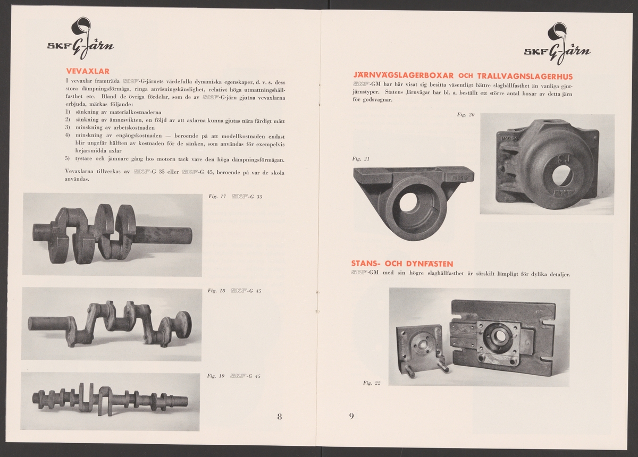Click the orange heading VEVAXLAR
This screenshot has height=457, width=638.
coord(88,71)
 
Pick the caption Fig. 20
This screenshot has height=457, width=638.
coord(466,114)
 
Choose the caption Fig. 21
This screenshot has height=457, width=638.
coord(361,159)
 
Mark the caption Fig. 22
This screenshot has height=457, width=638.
coord(372,383)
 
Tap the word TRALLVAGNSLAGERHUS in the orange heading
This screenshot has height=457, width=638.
coord(525,77)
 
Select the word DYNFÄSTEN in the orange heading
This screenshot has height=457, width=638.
coord(429,264)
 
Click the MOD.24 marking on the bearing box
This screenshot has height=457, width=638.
coord(509,138)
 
